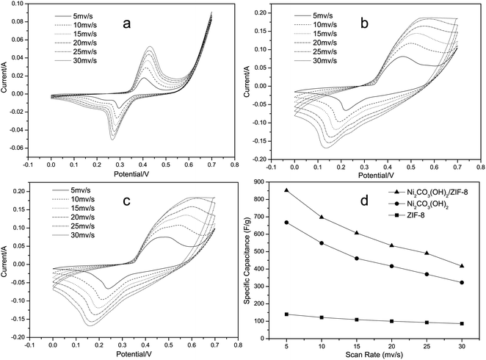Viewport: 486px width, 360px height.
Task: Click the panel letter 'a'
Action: pos(126,25)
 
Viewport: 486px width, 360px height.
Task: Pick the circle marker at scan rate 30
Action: pos(462,283)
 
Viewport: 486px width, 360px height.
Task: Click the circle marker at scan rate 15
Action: pos(356,259)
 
